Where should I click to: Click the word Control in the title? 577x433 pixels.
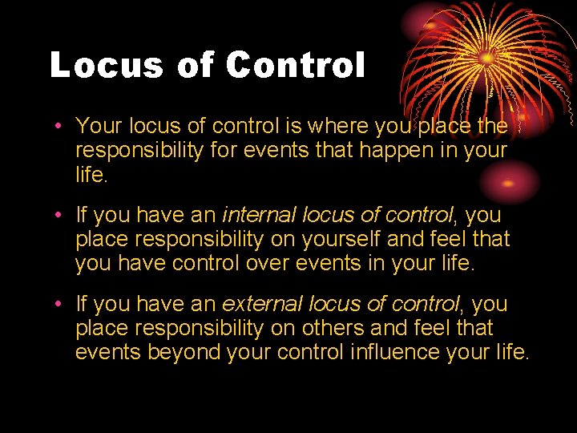pyautogui.click(x=295, y=65)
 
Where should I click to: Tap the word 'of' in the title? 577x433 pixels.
pyautogui.click(x=196, y=65)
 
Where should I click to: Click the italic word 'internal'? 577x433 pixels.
pyautogui.click(x=257, y=215)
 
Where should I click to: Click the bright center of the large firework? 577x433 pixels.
pyautogui.click(x=486, y=59)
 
